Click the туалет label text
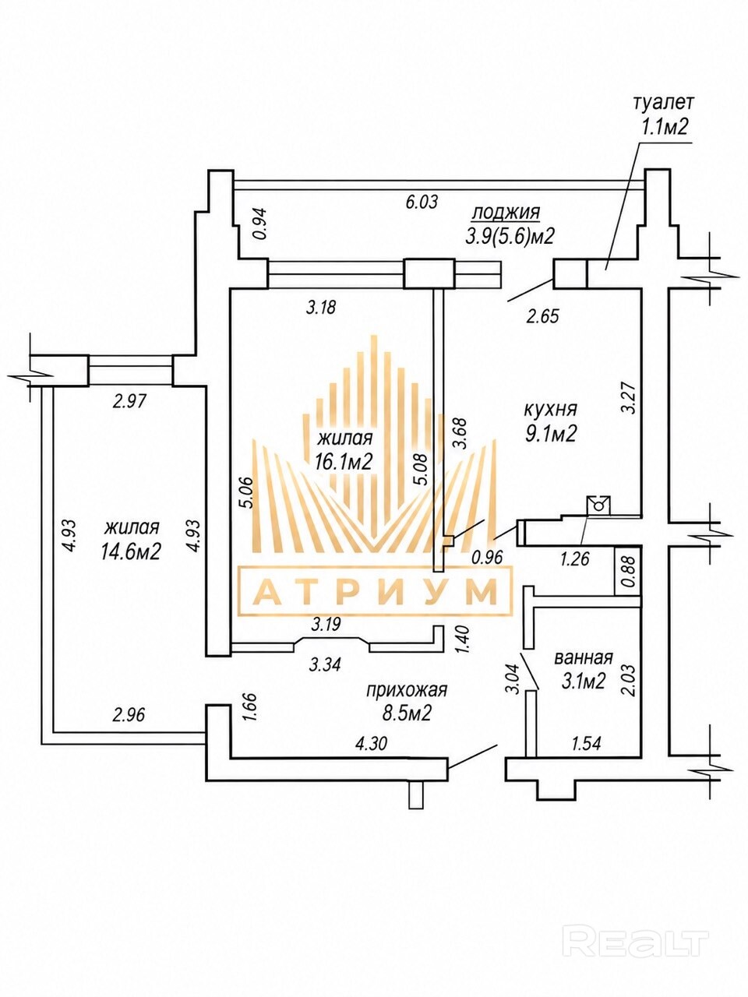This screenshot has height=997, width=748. pos(664,103)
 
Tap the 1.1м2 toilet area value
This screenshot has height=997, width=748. pos(663,128)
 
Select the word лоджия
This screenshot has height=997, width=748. pos(506,213)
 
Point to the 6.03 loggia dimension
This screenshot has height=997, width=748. pos(422,201)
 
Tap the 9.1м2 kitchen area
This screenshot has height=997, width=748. pos(550,435)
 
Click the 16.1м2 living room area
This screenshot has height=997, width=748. pos(344,462)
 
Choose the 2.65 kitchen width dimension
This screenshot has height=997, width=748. pos(542,315)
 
